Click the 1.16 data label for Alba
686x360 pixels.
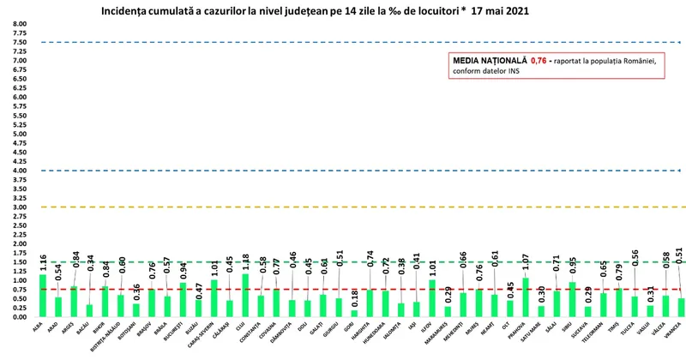coord(44,258)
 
